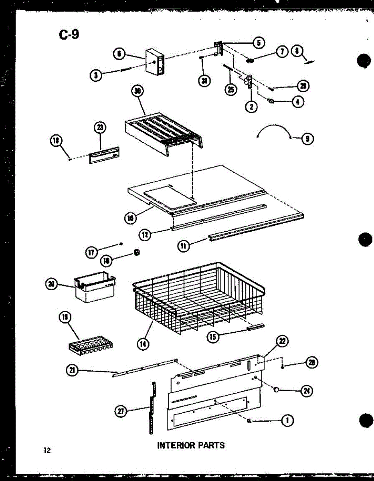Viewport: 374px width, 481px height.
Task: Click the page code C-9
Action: pyautogui.click(x=69, y=35)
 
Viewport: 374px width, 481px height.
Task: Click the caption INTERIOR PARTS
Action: pyautogui.click(x=191, y=445)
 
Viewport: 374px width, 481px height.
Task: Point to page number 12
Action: pyautogui.click(x=48, y=451)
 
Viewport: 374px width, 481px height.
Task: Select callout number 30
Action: pyautogui.click(x=138, y=91)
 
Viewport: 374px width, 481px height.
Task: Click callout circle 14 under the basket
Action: pyautogui.click(x=143, y=343)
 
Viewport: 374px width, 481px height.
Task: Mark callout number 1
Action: pyautogui.click(x=286, y=420)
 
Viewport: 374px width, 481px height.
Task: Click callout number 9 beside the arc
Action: pyautogui.click(x=307, y=139)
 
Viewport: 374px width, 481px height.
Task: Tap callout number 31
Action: pyautogui.click(x=204, y=81)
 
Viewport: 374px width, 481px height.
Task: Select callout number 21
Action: pyautogui.click(x=73, y=371)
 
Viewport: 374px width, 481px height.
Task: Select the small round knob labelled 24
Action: pyautogui.click(x=276, y=389)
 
